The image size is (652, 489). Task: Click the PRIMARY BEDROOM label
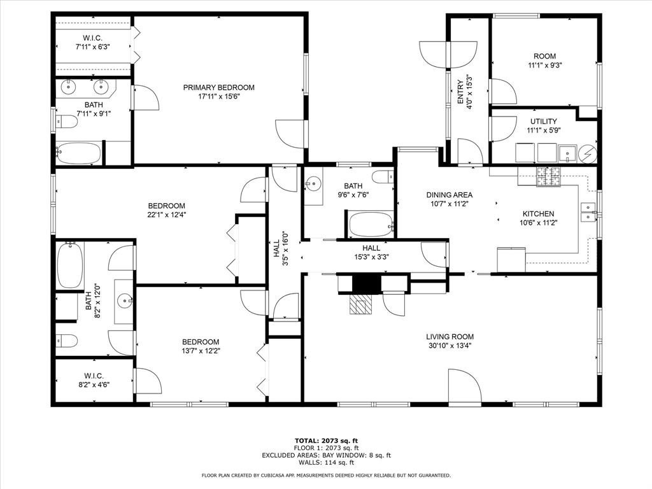point(219,87)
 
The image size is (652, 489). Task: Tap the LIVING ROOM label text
point(450,336)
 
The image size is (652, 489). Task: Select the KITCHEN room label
point(539,214)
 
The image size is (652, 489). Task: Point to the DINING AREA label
point(450,195)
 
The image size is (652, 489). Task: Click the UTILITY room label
point(544,121)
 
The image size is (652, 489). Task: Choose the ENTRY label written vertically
point(460,92)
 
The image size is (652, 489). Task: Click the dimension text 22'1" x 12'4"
point(167,215)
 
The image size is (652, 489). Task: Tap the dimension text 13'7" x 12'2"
point(201,351)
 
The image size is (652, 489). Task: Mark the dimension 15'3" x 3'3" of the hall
point(371,257)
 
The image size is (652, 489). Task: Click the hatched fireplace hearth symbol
point(360,304)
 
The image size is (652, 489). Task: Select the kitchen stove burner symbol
point(548,176)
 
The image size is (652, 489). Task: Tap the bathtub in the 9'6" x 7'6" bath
point(371,225)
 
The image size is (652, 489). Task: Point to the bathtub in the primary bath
point(78,153)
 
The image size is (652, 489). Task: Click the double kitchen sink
point(589,211)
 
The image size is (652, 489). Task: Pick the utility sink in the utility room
point(567,153)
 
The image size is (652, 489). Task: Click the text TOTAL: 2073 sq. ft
point(327,441)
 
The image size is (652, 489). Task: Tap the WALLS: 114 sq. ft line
point(327,462)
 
